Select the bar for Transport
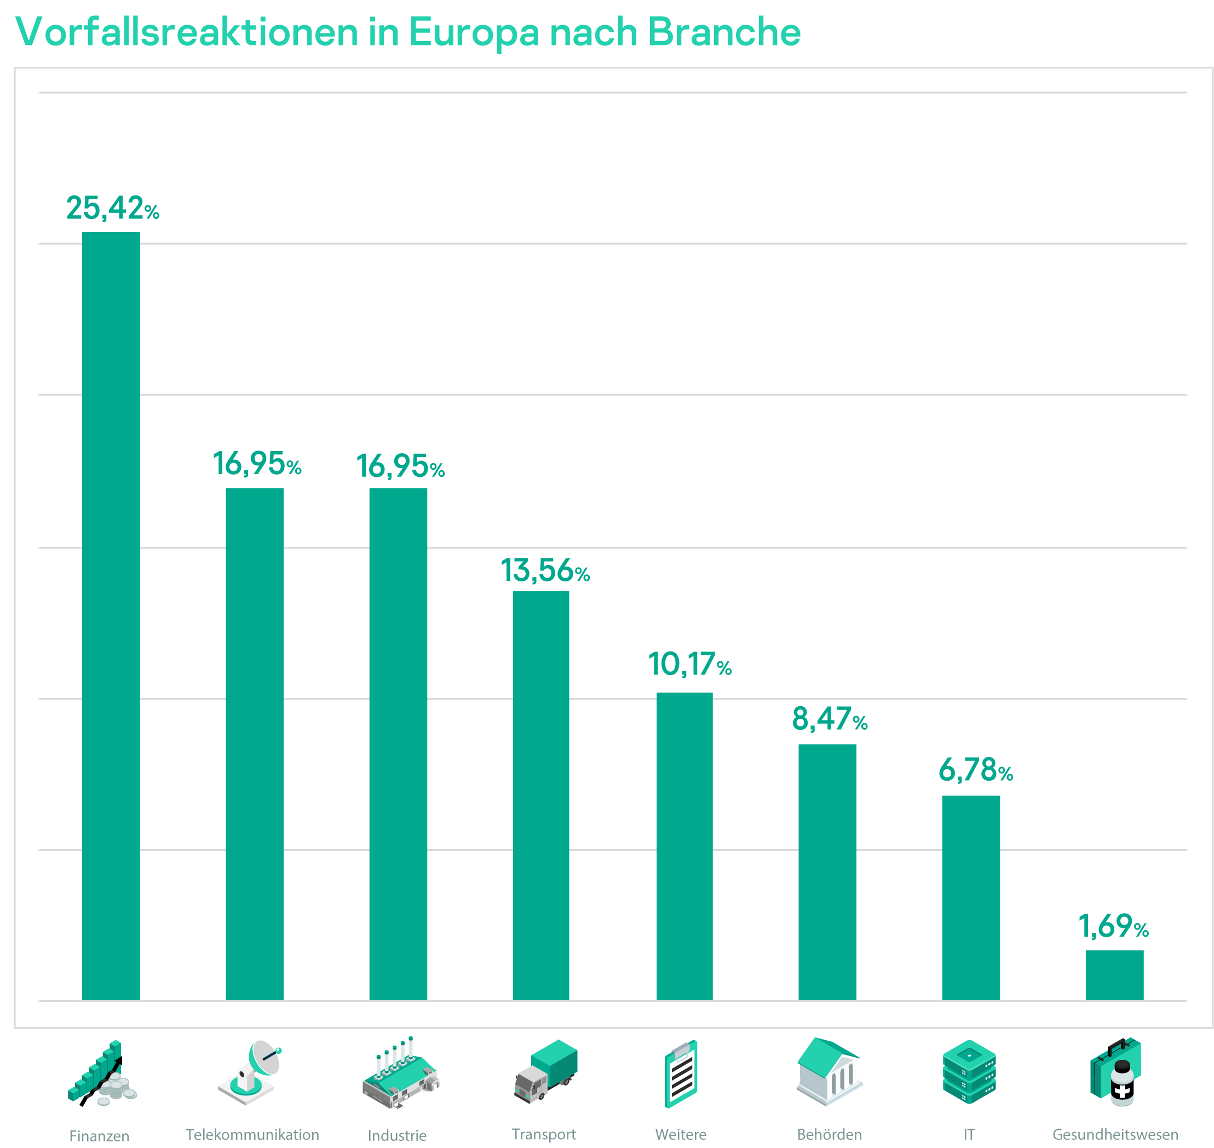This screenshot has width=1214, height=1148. (x=540, y=795)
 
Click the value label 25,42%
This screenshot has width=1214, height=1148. (x=113, y=208)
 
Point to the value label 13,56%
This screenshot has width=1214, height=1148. (x=545, y=570)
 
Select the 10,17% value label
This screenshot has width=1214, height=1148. (x=689, y=665)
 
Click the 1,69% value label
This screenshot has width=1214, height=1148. (x=1113, y=926)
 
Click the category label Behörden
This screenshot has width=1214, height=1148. (x=829, y=1134)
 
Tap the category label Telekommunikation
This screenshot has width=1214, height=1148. (x=252, y=1134)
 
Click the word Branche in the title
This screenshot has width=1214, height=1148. (x=723, y=32)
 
